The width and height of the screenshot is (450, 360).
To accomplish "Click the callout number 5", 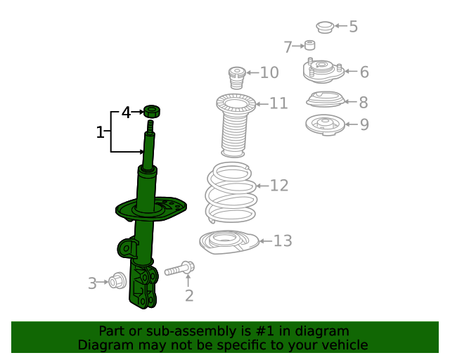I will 353,27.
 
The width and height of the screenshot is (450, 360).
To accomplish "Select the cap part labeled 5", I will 324,27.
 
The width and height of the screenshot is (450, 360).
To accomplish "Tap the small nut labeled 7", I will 309,46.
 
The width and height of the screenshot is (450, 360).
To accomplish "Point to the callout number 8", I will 363,103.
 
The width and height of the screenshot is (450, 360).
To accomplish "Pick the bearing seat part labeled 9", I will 324,125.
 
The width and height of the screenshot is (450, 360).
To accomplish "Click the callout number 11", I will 278,103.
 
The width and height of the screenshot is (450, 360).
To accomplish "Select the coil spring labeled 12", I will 231,194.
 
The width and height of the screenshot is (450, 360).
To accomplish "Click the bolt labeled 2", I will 180,269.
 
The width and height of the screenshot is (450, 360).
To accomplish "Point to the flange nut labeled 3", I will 117,281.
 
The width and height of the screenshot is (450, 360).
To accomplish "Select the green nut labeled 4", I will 151,110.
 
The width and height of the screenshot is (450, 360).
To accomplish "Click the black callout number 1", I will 100,131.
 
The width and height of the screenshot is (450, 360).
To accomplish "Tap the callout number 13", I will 282,241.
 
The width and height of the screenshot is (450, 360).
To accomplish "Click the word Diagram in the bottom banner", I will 106,345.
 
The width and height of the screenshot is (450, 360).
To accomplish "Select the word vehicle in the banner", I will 342,345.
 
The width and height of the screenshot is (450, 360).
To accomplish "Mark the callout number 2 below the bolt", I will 188,296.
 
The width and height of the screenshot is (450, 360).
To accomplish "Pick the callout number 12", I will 279,186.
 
